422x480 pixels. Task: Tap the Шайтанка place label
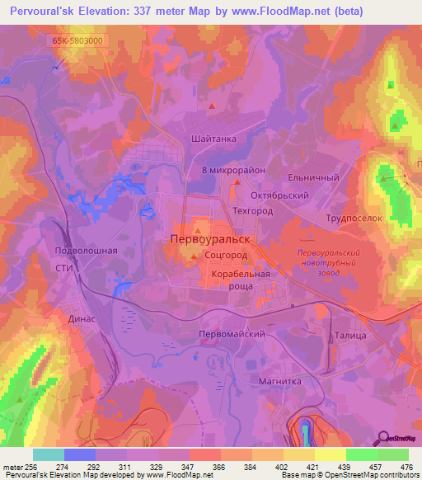213,139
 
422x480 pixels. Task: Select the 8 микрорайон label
234,169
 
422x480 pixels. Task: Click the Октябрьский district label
279,195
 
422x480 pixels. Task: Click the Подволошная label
81,250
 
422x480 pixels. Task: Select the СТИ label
64,268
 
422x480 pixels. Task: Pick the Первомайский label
232,335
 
